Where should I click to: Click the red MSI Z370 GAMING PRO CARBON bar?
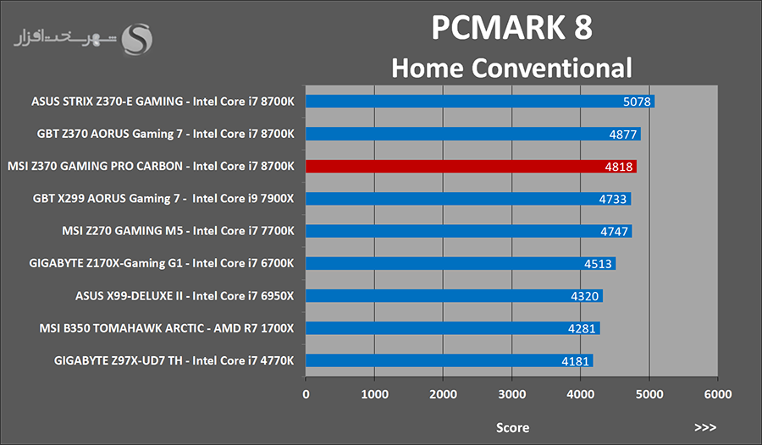(471, 167)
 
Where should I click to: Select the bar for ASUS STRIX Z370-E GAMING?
(479, 102)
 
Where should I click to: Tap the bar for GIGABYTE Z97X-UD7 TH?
(449, 360)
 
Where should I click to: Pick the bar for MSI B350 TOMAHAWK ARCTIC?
(452, 328)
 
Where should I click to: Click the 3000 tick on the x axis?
(512, 394)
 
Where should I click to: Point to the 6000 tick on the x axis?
(718, 394)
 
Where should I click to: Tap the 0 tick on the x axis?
(306, 394)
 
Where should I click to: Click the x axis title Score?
(512, 427)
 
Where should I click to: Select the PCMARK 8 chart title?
(511, 27)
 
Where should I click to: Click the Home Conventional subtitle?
(511, 67)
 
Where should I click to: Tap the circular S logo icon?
(138, 38)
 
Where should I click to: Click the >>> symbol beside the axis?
(705, 427)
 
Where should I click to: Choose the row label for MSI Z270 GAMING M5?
(178, 231)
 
